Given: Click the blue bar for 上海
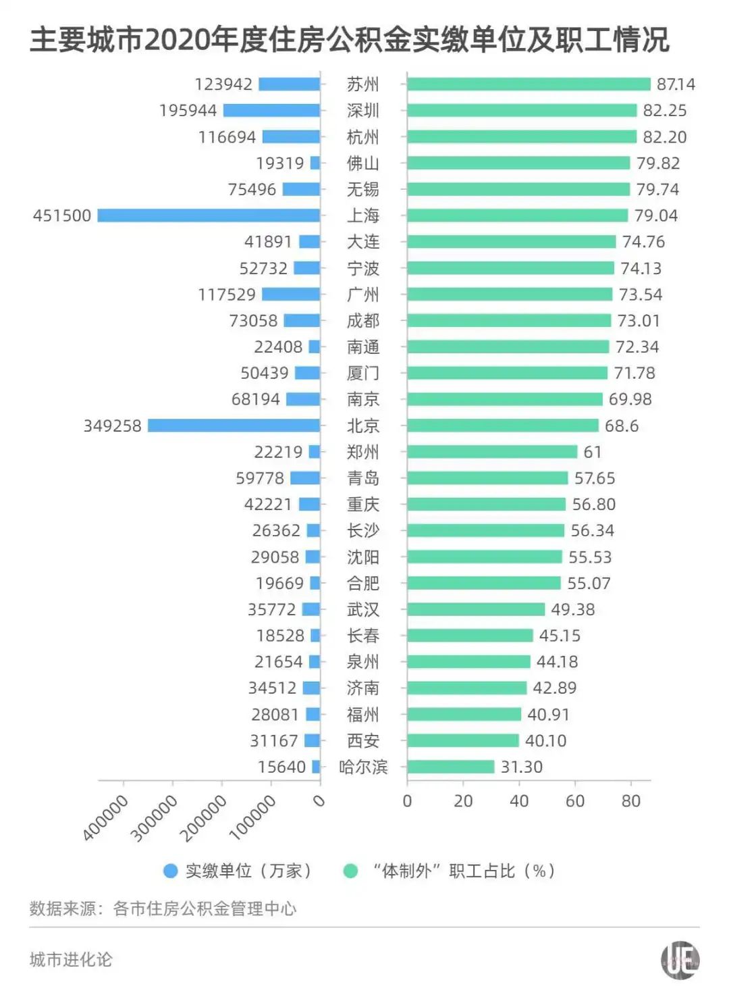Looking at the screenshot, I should tap(209, 215).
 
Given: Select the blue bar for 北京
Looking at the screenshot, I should tap(234, 426).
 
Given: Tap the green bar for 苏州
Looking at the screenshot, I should tap(529, 84).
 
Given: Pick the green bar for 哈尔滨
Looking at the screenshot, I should tap(451, 767).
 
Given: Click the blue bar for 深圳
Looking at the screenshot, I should tap(271, 110).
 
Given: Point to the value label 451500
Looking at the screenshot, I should tap(62, 215).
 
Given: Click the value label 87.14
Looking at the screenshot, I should tap(676, 84).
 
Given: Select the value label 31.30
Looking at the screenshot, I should tap(522, 767).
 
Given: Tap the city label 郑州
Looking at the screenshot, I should tap(363, 452).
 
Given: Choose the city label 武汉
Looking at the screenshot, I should tap(363, 609).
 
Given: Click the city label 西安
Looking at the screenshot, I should tap(363, 740).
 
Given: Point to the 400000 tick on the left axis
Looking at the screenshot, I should tap(106, 818).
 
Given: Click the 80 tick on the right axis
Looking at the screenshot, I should tap(631, 801).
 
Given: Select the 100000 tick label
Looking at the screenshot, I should tap(253, 818).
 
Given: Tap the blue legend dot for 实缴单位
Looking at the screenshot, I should tap(171, 871).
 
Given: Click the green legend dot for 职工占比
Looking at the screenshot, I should tap(351, 871).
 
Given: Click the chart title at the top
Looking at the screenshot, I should tap(350, 41).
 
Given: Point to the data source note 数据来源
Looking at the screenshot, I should tap(163, 909).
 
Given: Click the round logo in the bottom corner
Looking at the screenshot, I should tap(680, 960).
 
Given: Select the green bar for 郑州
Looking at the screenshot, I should tap(492, 452).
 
